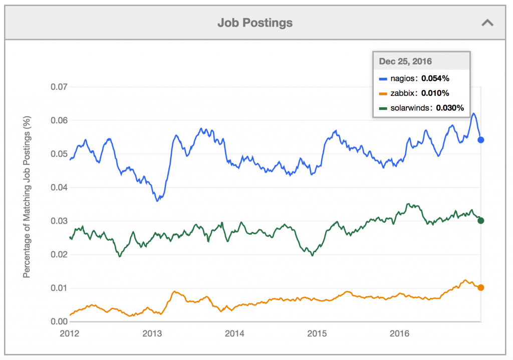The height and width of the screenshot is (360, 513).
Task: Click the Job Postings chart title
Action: [255, 23]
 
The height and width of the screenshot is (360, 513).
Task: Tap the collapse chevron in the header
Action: [487, 23]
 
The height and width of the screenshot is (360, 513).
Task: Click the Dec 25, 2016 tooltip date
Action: [406, 61]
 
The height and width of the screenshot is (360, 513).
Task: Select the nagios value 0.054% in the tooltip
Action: [435, 78]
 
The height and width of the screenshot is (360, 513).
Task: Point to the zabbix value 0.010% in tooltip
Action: [435, 93]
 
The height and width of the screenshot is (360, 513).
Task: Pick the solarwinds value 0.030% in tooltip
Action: [450, 107]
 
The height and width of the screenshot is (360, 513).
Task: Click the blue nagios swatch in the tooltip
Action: [383, 79]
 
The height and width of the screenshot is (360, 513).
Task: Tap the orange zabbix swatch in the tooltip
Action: [383, 93]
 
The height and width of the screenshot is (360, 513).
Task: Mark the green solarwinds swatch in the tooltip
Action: [383, 108]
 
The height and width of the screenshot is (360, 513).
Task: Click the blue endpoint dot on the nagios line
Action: [481, 140]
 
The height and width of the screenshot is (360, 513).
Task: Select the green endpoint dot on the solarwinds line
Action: [481, 221]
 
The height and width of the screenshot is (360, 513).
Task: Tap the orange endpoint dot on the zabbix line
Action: [481, 287]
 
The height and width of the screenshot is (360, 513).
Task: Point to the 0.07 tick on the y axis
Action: [60, 87]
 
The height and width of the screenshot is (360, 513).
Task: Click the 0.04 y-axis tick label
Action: [60, 188]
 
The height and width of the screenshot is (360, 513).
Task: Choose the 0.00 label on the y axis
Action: [60, 321]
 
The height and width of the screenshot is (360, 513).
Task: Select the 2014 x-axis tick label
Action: [234, 333]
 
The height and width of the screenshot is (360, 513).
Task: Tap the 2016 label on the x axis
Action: [399, 333]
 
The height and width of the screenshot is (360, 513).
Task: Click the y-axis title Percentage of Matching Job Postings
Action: [28, 204]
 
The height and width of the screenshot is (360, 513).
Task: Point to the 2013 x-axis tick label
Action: [152, 333]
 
